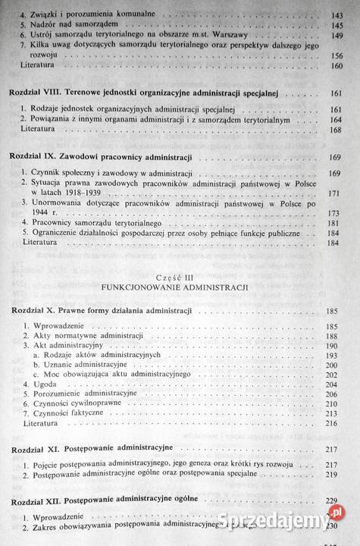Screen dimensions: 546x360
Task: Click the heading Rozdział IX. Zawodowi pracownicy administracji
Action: (x=99, y=157)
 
